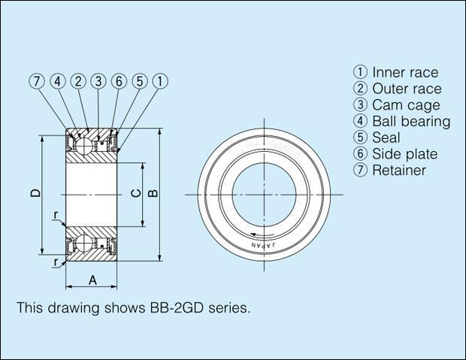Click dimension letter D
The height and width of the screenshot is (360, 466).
pyautogui.click(x=35, y=194)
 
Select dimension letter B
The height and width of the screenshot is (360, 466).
pyautogui.click(x=153, y=193)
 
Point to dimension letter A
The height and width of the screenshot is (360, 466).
pyautogui.click(x=92, y=280)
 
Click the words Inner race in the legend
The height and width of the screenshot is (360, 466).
pyautogui.click(x=404, y=73)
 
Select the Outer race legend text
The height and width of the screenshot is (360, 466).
pyautogui.click(x=407, y=89)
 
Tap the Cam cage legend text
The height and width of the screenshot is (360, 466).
pyautogui.click(x=406, y=105)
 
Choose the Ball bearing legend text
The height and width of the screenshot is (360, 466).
pyautogui.click(x=411, y=121)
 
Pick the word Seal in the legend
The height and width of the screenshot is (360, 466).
pyautogui.click(x=386, y=138)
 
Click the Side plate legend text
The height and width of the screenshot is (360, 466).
pyautogui.click(x=404, y=154)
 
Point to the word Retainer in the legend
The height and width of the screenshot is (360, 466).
pyautogui.click(x=399, y=170)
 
